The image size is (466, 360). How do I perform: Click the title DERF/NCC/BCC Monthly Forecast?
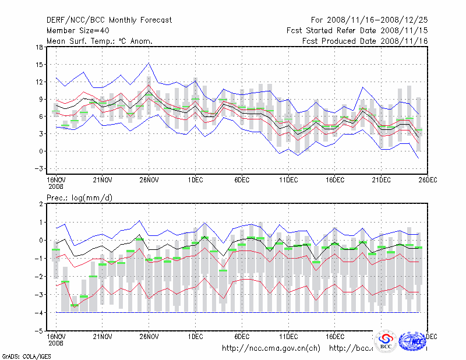[x=110, y=20]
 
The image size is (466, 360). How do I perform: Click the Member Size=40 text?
[x=77, y=30]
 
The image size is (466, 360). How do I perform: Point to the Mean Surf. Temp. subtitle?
[x=100, y=41]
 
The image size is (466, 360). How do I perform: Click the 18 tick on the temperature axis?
[x=39, y=47]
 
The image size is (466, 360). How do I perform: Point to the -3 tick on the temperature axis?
[x=38, y=169]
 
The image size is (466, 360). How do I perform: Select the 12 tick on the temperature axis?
[x=39, y=82]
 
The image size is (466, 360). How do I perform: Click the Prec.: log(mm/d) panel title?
[x=79, y=198]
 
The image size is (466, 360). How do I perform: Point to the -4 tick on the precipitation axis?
[x=38, y=313]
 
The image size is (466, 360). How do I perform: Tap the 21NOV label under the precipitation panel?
[x=103, y=336]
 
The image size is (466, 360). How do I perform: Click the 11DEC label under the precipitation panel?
[x=288, y=336]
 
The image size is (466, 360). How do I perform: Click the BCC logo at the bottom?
[x=386, y=342]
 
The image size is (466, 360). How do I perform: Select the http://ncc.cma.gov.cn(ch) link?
[x=271, y=348]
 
